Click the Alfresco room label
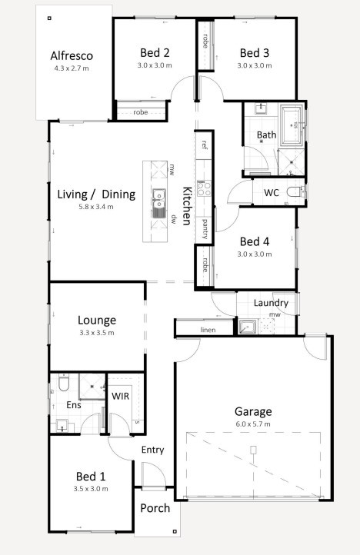pyautogui.click(x=72, y=55)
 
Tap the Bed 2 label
pyautogui.click(x=155, y=52)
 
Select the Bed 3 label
pyautogui.click(x=255, y=52)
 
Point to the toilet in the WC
pyautogui.click(x=293, y=191)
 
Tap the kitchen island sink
pyautogui.click(x=159, y=198)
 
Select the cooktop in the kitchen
pyautogui.click(x=205, y=188)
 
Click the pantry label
pyautogui.click(x=205, y=228)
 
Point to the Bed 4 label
pyautogui.click(x=255, y=240)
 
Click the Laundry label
pyautogui.click(x=270, y=303)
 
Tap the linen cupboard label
pyautogui.click(x=207, y=331)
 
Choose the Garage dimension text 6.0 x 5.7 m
pyautogui.click(x=255, y=424)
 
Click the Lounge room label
pyautogui.click(x=97, y=320)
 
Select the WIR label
pyautogui.click(x=121, y=395)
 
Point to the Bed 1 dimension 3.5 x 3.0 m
pyautogui.click(x=92, y=489)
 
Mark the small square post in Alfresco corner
pyautogui.click(x=49, y=18)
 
